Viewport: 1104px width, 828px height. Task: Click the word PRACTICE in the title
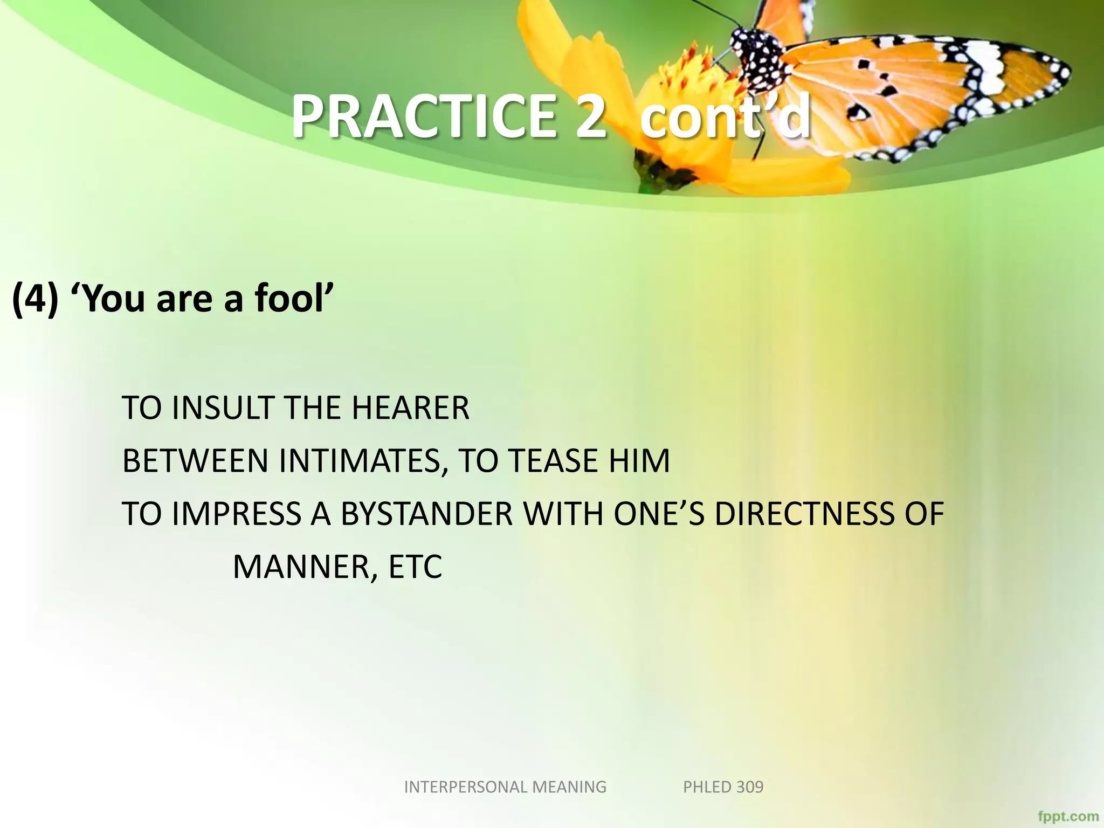pos(423,116)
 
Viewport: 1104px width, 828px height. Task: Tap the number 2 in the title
pos(590,116)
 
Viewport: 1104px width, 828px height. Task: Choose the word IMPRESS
pos(237,514)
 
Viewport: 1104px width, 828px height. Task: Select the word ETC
pos(415,567)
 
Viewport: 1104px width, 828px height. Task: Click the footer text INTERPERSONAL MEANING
pos(505,787)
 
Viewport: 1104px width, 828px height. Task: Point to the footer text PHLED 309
pos(723,787)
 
